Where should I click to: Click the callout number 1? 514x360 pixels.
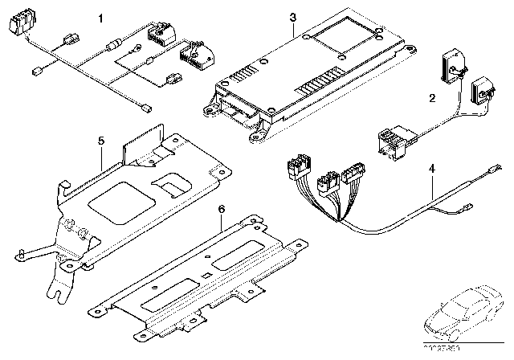pyautogui.click(x=100, y=17)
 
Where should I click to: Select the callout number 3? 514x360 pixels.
pyautogui.click(x=292, y=18)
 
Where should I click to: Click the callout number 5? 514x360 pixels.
pyautogui.click(x=100, y=141)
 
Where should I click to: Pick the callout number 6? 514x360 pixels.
pyautogui.click(x=220, y=210)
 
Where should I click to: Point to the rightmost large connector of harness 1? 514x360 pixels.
pyautogui.click(x=195, y=55)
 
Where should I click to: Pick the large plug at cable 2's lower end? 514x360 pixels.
pyautogui.click(x=388, y=144)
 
